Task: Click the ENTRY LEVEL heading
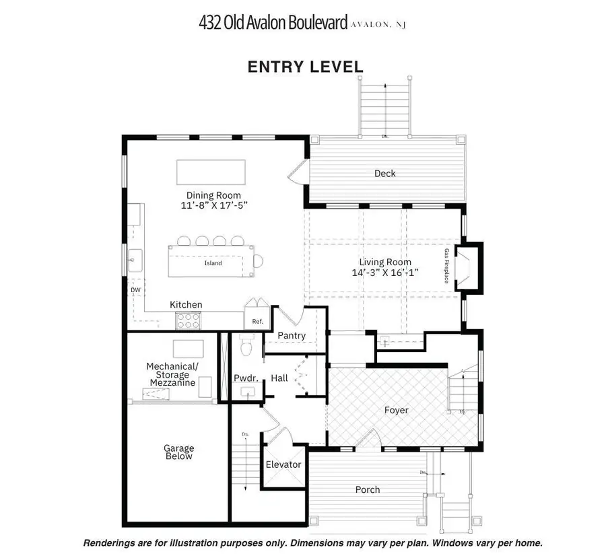[x=305, y=67]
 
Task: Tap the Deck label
[x=384, y=174]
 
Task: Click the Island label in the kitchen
[x=213, y=263]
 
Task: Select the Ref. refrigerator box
[x=257, y=321]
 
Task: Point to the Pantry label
[x=291, y=335]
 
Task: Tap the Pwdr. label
[x=243, y=378]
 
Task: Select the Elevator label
[x=283, y=464]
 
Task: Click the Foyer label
[x=396, y=410]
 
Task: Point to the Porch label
[x=368, y=489]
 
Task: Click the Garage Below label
[x=178, y=452]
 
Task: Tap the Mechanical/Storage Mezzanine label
[x=172, y=374]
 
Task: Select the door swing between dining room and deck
[x=297, y=176]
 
